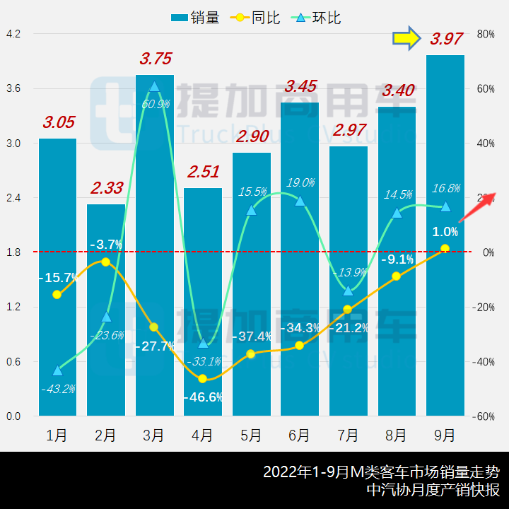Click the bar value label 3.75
pos(156,59)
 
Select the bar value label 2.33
pos(107,188)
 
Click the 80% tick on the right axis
pos(486,34)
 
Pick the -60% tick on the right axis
pos(485,416)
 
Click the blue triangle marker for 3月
pos(154,87)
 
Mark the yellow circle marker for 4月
pos(202,379)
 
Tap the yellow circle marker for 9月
pos(445,248)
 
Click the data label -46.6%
pos(202,397)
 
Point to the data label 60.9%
pos(156,104)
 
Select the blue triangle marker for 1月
pos(57,370)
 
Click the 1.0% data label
pos(445,231)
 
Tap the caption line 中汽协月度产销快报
pos(433,489)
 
